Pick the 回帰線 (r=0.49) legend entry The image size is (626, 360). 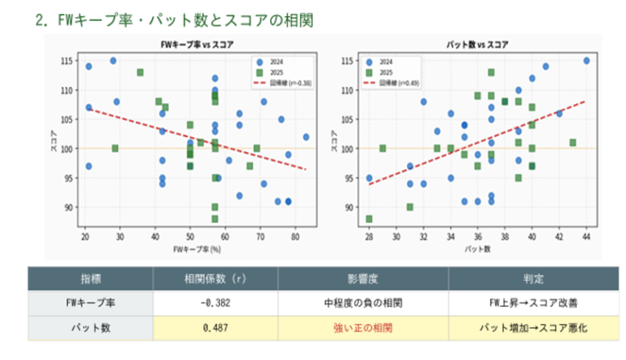[399, 81]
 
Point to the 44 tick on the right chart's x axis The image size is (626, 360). [585, 236]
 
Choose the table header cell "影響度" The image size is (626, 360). [363, 279]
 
